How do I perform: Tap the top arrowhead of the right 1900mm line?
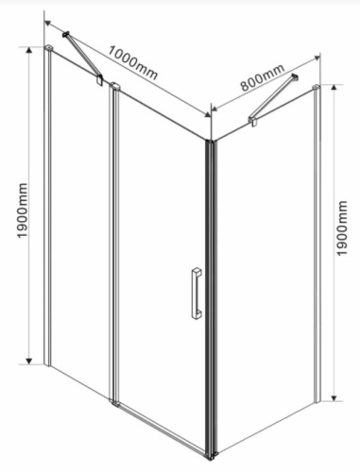tap(337, 86)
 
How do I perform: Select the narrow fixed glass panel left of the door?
tap(79, 236)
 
